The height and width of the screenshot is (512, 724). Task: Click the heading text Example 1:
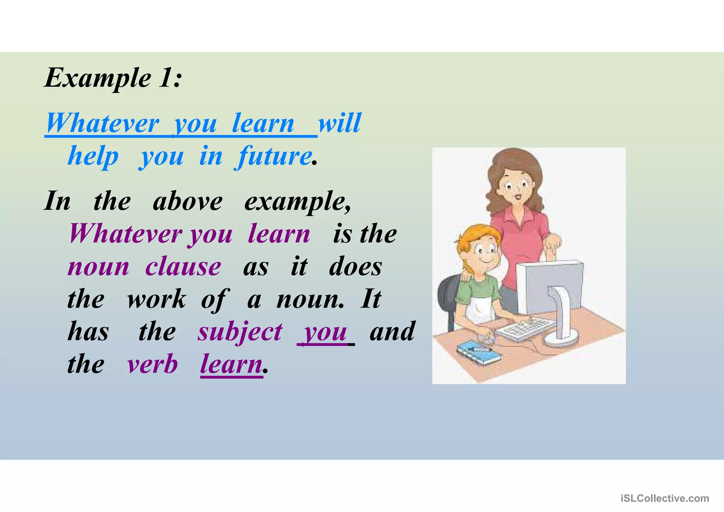coord(113,78)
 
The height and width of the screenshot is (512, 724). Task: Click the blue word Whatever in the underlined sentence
coord(103,123)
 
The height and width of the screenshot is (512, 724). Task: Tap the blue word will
coord(339,123)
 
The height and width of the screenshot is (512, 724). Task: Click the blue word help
coord(93,156)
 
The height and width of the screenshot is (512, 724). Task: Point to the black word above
coord(188,201)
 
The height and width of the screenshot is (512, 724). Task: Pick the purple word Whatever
coord(125,234)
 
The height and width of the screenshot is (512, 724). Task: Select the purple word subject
coord(240,332)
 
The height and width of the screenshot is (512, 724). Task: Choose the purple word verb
coord(152,364)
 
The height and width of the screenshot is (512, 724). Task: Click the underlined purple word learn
coord(231,364)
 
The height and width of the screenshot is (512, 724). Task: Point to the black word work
coord(156,299)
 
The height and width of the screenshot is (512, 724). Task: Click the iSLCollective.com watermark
coord(665,498)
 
